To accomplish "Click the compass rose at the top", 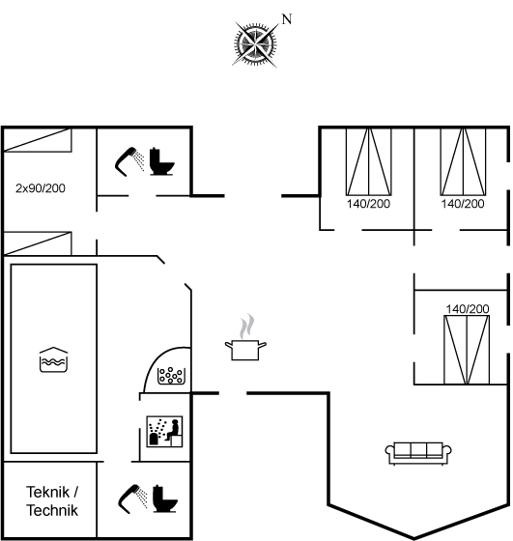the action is tap(255, 43).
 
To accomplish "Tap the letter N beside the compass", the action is tap(287, 19).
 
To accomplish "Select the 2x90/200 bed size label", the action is tap(41, 188).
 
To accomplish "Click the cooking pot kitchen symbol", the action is tap(245, 350).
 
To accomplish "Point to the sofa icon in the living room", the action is tap(418, 453).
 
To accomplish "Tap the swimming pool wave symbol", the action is tap(53, 359).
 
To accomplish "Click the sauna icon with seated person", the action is tap(164, 432).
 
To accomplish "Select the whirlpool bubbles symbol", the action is tap(170, 376).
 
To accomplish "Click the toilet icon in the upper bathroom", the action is tap(161, 161).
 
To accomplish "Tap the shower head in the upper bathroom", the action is tap(129, 161).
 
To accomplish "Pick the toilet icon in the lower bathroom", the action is tap(165, 498).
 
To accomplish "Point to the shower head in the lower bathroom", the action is tap(132, 498).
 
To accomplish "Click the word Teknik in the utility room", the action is tap(48, 492).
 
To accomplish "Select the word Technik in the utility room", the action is tap(52, 510).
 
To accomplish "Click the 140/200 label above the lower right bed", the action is tap(468, 309).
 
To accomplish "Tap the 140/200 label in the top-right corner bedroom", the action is tap(463, 204).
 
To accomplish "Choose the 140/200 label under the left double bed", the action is tap(368, 204).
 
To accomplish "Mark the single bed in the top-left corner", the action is tap(38, 140).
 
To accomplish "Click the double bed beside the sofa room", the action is tap(467, 350).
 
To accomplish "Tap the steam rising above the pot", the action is tap(247, 327).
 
